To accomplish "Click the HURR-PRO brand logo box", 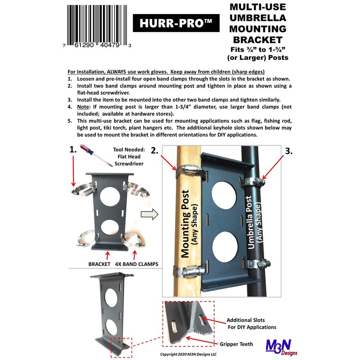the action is pyautogui.click(x=176, y=23).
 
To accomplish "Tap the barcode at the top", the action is pyautogui.click(x=97, y=27).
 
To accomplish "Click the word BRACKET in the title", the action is pyautogui.click(x=257, y=40).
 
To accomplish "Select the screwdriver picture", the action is pyautogui.click(x=95, y=155).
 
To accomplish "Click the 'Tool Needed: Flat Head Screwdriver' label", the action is pyautogui.click(x=129, y=157).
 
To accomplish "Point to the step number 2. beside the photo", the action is pyautogui.click(x=154, y=150).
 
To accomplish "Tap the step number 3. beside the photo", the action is pyautogui.click(x=288, y=151).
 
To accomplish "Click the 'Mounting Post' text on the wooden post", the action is pyautogui.click(x=185, y=224).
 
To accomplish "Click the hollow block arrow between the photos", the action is pyautogui.click(x=149, y=215).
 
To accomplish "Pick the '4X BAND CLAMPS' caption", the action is pyautogui.click(x=137, y=264).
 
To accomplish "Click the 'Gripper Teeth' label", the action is pyautogui.click(x=236, y=344).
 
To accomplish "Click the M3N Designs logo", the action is pyautogui.click(x=281, y=347).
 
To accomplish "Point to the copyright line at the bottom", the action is pyautogui.click(x=188, y=354).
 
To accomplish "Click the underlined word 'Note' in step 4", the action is pyautogui.click(x=83, y=107).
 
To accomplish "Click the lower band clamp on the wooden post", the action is pyautogui.click(x=189, y=272).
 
